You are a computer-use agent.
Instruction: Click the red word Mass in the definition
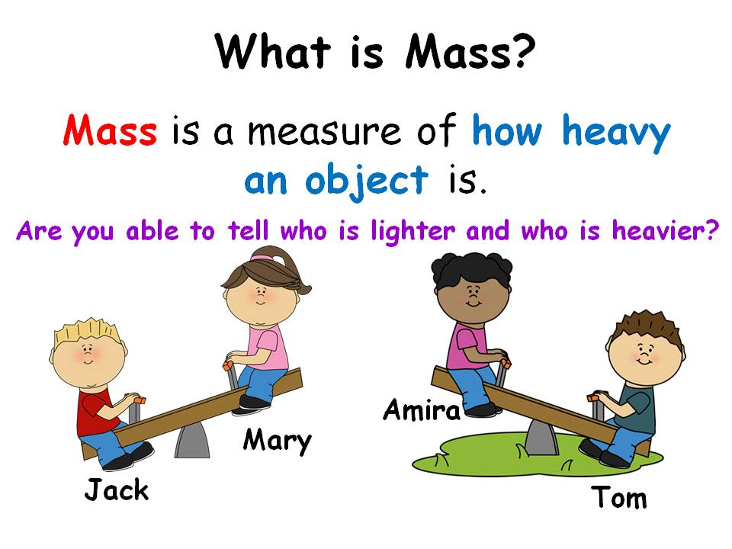(111, 131)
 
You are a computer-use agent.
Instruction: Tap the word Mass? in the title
(465, 52)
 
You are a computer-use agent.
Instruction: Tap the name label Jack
(116, 490)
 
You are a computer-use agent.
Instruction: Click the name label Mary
(278, 440)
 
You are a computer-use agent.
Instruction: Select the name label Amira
(422, 410)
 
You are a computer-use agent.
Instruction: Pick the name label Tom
(619, 498)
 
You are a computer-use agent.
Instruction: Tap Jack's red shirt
(95, 408)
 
